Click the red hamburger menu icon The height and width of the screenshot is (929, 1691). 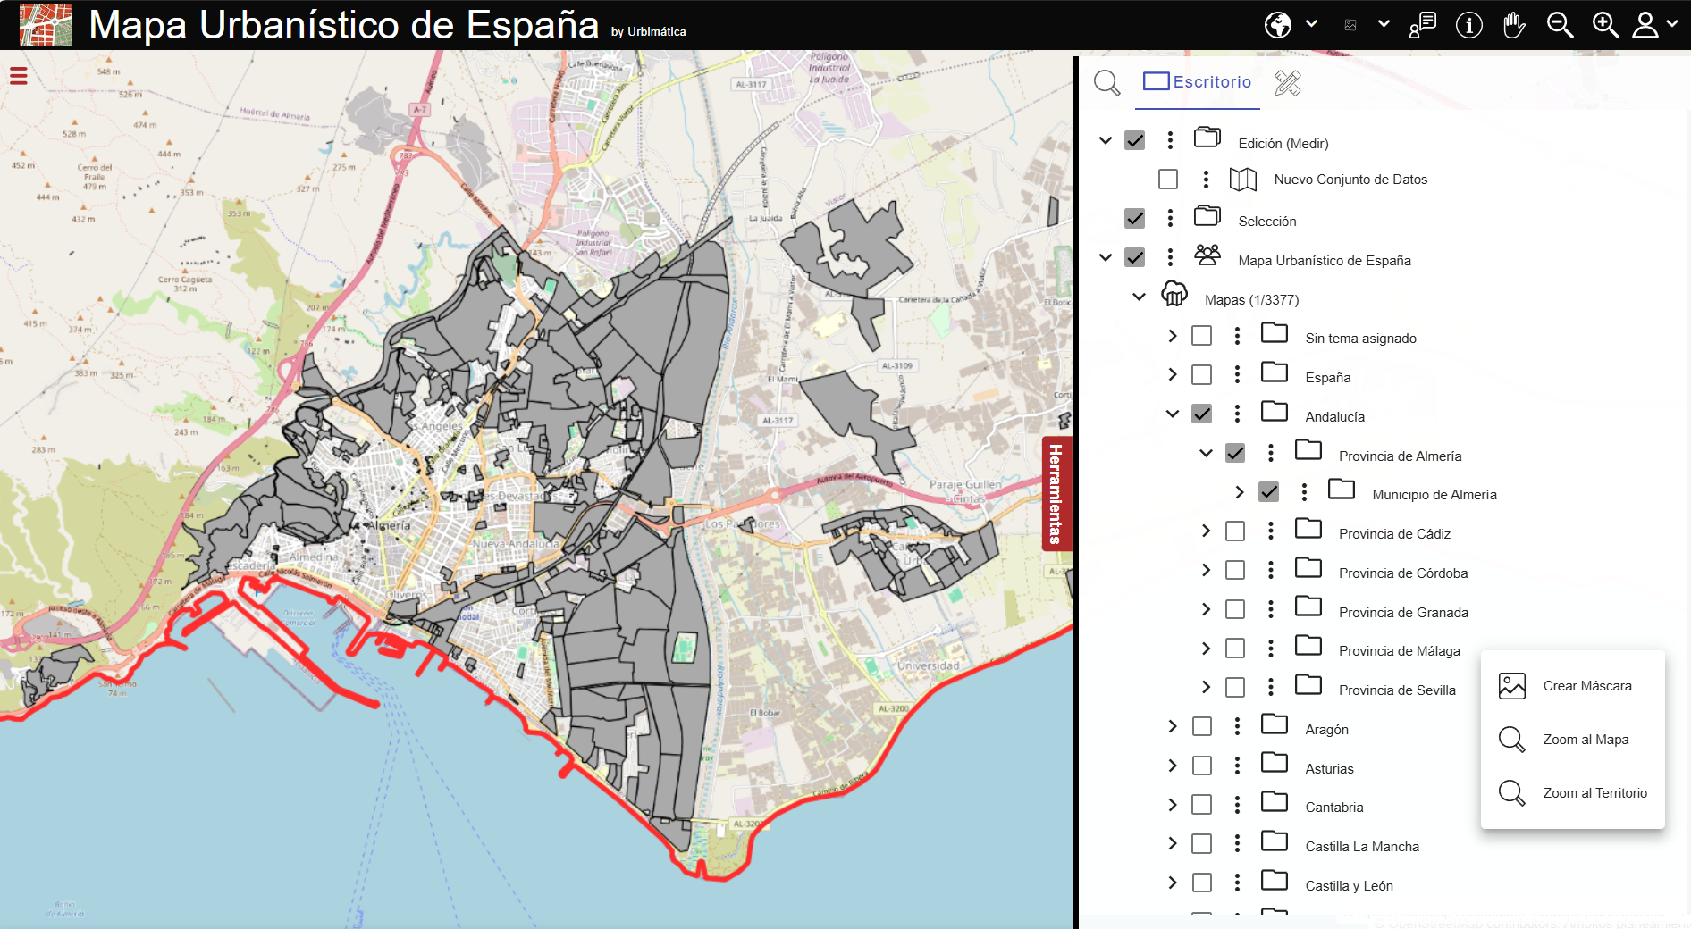(x=18, y=76)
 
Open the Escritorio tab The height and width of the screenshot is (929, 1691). (x=1198, y=82)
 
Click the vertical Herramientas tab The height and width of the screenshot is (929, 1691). (x=1056, y=493)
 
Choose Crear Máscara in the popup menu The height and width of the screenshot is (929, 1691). (x=1586, y=686)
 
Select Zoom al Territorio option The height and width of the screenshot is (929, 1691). (x=1594, y=793)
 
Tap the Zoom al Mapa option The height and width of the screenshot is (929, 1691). (x=1585, y=740)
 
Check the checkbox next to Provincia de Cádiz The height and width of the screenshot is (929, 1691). (x=1235, y=531)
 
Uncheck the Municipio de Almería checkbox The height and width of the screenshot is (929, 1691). (x=1268, y=492)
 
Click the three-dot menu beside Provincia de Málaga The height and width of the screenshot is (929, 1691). (x=1271, y=649)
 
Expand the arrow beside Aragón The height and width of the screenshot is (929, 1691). (x=1173, y=727)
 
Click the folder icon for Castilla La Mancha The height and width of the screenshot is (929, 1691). (x=1275, y=842)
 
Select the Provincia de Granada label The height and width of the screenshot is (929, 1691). (x=1403, y=613)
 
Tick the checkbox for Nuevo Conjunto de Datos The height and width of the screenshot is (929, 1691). (x=1168, y=180)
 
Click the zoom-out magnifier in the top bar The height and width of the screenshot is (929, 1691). (x=1560, y=25)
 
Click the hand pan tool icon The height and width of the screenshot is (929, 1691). (x=1514, y=25)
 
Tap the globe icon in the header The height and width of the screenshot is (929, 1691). (x=1278, y=25)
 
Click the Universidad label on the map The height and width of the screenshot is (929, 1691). (x=928, y=666)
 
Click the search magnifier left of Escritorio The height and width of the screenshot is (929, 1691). (x=1106, y=83)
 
